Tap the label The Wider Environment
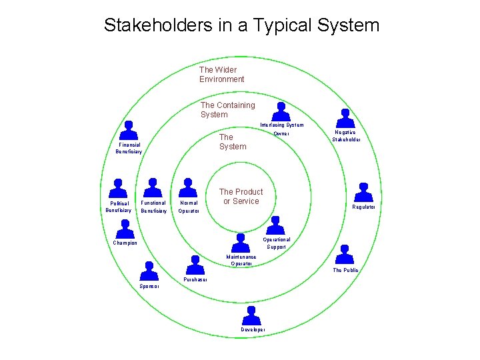[221, 74]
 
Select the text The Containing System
[227, 109]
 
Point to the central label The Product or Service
[241, 196]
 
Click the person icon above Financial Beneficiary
[129, 129]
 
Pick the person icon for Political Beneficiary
[118, 188]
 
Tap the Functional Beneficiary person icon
[153, 188]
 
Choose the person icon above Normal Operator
[189, 188]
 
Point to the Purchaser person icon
[195, 265]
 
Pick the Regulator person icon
[363, 191]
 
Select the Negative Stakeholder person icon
[345, 117]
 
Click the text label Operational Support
[276, 243]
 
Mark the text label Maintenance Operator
[241, 260]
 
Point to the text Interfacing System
[281, 125]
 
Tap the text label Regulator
[364, 207]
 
